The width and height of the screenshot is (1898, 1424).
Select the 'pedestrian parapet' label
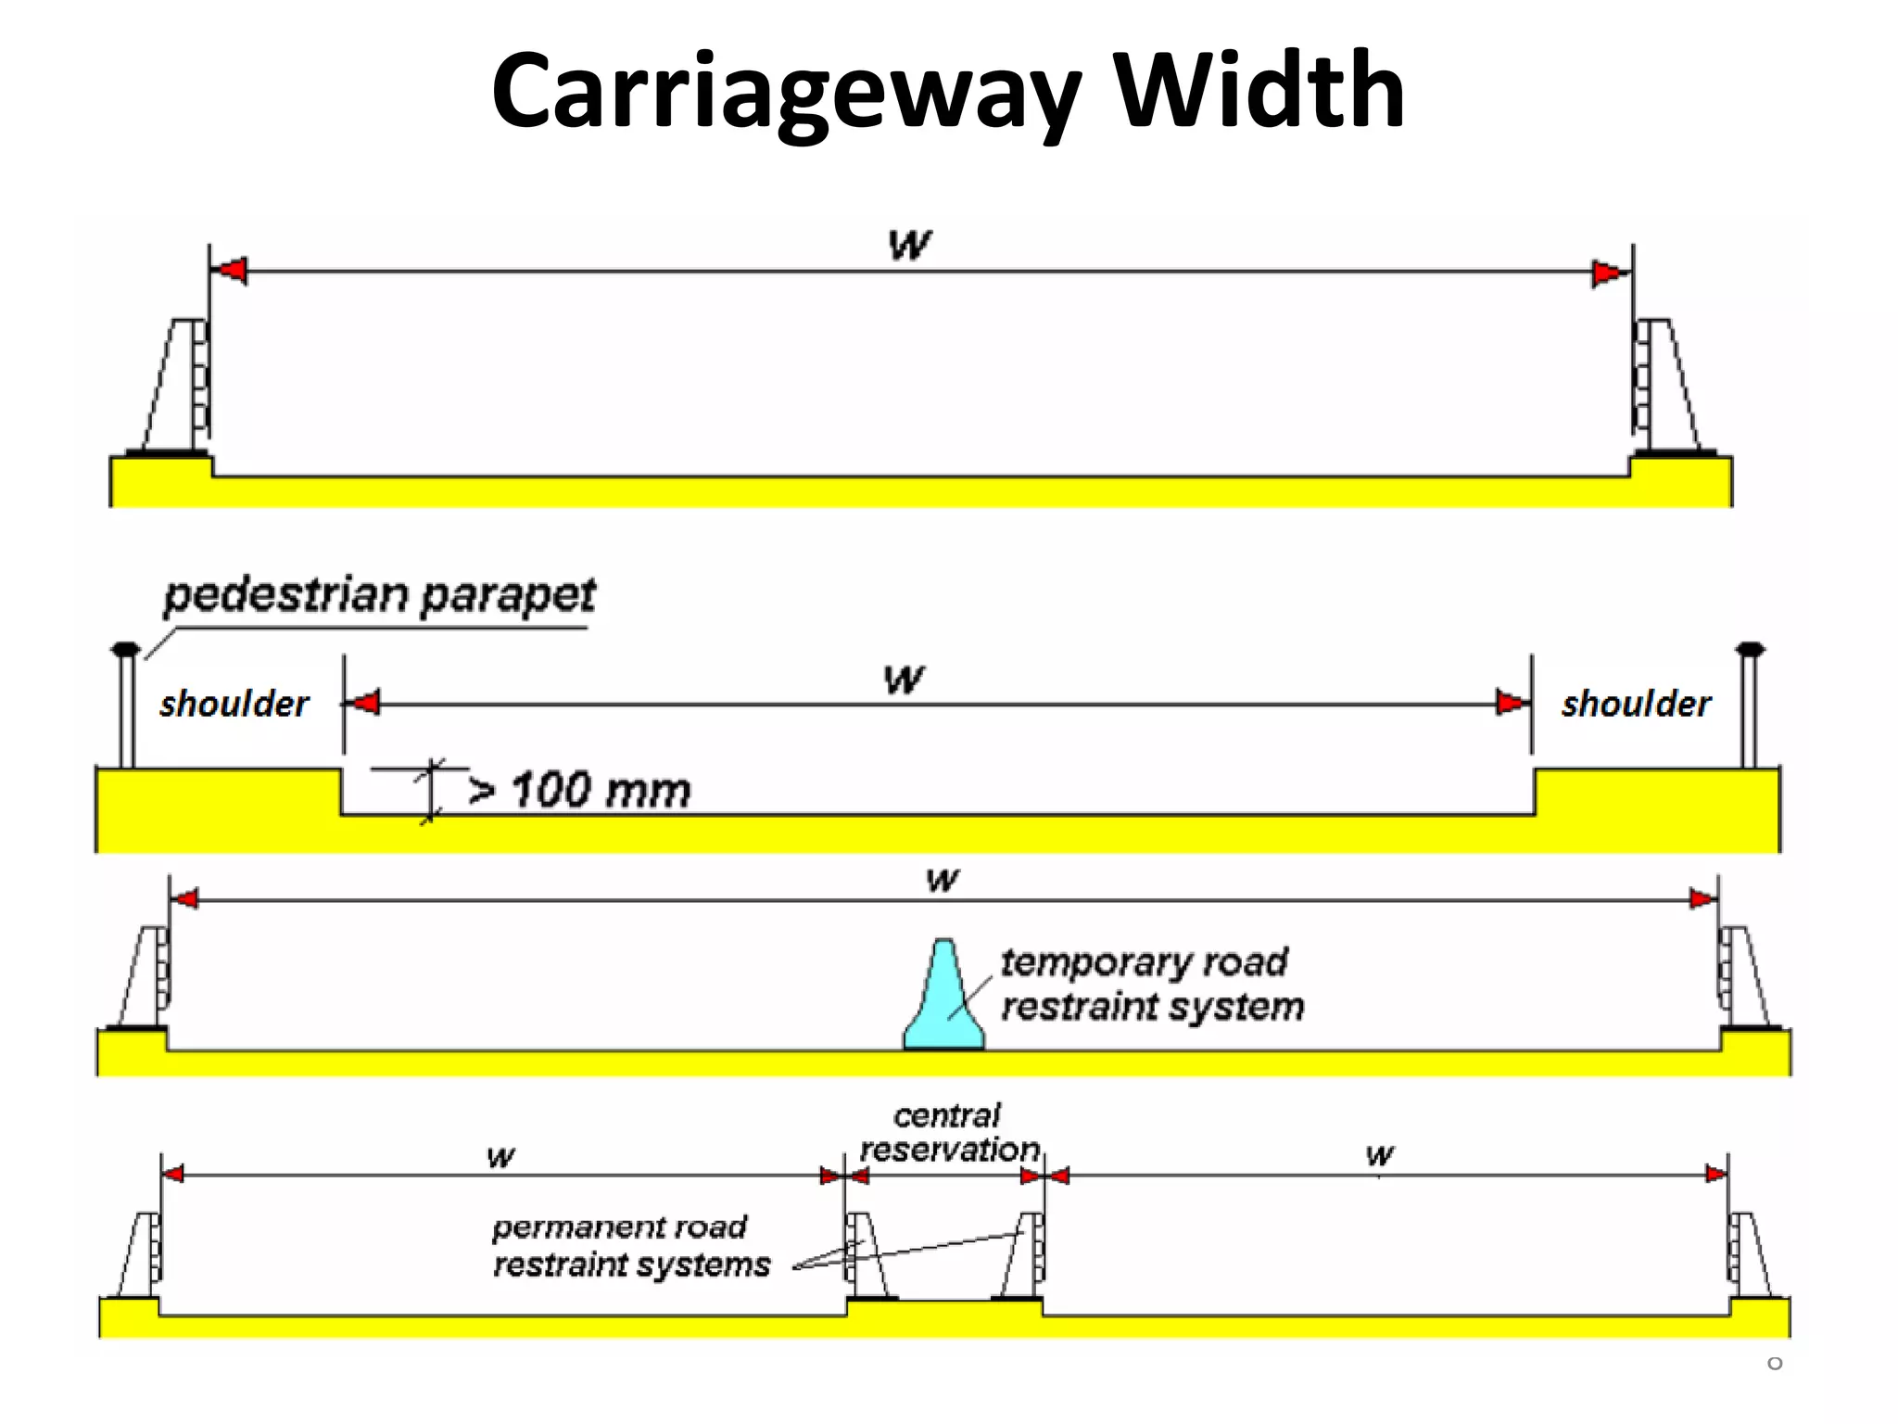(379, 595)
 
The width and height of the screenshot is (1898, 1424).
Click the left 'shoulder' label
(234, 704)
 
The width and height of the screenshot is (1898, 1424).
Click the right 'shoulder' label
(1636, 704)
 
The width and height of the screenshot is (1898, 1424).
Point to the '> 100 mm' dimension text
(579, 791)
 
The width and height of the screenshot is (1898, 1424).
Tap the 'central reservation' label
(949, 1132)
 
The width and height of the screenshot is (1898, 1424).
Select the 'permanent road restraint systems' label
(630, 1246)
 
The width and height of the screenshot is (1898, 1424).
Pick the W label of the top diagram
(909, 246)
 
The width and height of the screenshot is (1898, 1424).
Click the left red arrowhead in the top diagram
(230, 272)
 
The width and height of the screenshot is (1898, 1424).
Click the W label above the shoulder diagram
(904, 680)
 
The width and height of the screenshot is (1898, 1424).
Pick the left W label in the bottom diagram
(500, 1157)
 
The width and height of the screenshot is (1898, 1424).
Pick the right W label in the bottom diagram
(1379, 1155)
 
